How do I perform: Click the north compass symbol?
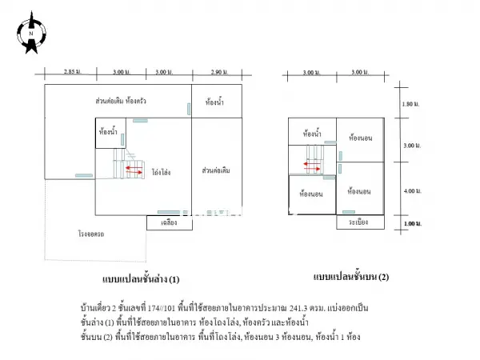click(x=31, y=33)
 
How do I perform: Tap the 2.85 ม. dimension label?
click(x=73, y=72)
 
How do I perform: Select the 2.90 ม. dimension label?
click(x=219, y=72)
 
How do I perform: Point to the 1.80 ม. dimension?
click(x=410, y=104)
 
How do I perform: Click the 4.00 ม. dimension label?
click(x=412, y=191)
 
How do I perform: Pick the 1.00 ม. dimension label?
click(x=412, y=223)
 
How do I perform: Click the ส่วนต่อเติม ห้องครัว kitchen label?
click(x=121, y=101)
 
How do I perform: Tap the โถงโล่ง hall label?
click(x=161, y=172)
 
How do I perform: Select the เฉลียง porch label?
click(x=169, y=222)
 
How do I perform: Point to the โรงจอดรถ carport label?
click(x=91, y=234)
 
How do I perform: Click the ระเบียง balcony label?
click(x=358, y=222)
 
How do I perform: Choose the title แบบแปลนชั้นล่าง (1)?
click(x=141, y=279)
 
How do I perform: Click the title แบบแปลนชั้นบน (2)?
click(x=351, y=277)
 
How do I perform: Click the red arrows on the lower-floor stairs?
click(x=134, y=170)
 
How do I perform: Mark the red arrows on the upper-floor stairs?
click(x=312, y=166)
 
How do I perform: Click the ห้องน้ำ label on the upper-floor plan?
click(x=312, y=134)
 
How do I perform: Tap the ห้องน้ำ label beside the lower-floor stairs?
click(x=108, y=132)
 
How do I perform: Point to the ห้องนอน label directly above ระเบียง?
click(x=358, y=192)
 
